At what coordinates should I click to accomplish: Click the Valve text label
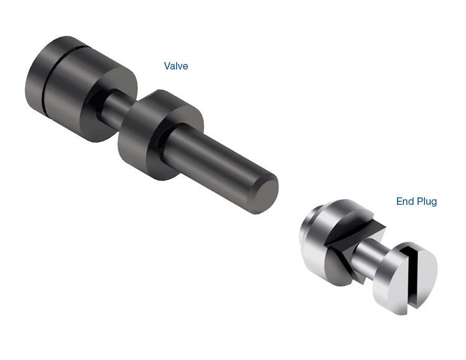coord(176,66)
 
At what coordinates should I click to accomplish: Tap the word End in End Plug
coord(406,202)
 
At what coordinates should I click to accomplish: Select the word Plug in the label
coord(427,202)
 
